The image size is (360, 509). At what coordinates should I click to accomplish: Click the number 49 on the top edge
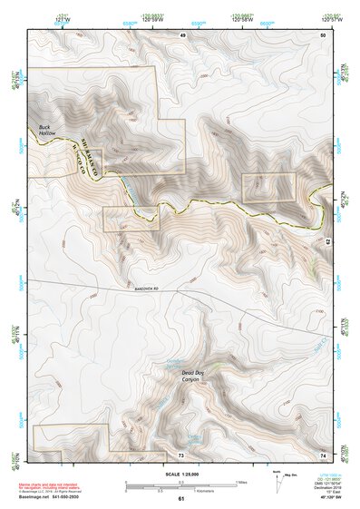pos(181,34)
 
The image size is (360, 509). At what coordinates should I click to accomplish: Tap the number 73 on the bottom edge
pos(180,453)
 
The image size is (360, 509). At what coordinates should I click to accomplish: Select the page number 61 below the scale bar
pos(180,499)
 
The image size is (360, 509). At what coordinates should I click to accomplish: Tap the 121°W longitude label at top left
pos(59,18)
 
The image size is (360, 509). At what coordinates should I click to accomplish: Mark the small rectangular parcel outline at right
pos(269,188)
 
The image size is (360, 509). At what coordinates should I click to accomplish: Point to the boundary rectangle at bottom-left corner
pos(71,437)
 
